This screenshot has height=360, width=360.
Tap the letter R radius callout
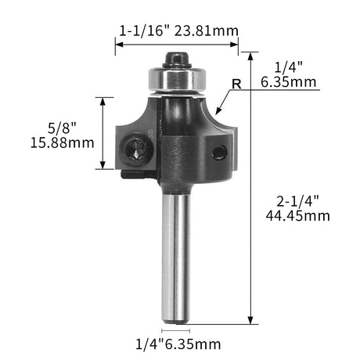236,85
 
